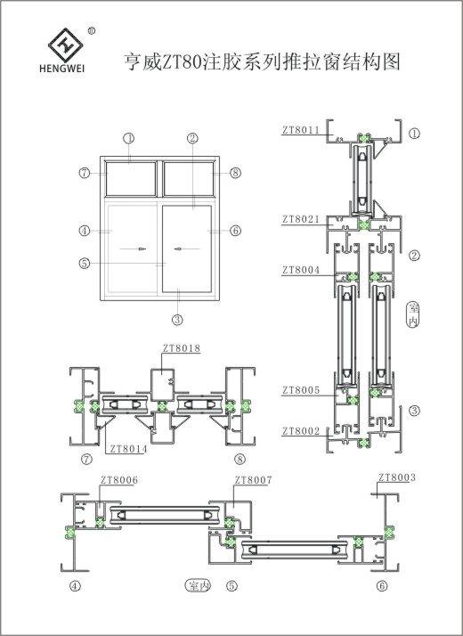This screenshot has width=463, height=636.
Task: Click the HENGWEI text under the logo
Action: point(62,68)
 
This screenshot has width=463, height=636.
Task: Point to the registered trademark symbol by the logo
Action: point(92,30)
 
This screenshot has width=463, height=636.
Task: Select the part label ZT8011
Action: point(301,130)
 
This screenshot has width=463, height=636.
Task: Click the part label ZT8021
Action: point(301,219)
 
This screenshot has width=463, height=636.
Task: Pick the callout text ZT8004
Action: point(301,270)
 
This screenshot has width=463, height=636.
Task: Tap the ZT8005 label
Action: point(301,390)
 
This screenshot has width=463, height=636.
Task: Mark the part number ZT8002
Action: point(301,431)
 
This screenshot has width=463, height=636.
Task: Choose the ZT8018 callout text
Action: point(182,348)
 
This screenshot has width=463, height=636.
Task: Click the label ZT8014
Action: point(128,449)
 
